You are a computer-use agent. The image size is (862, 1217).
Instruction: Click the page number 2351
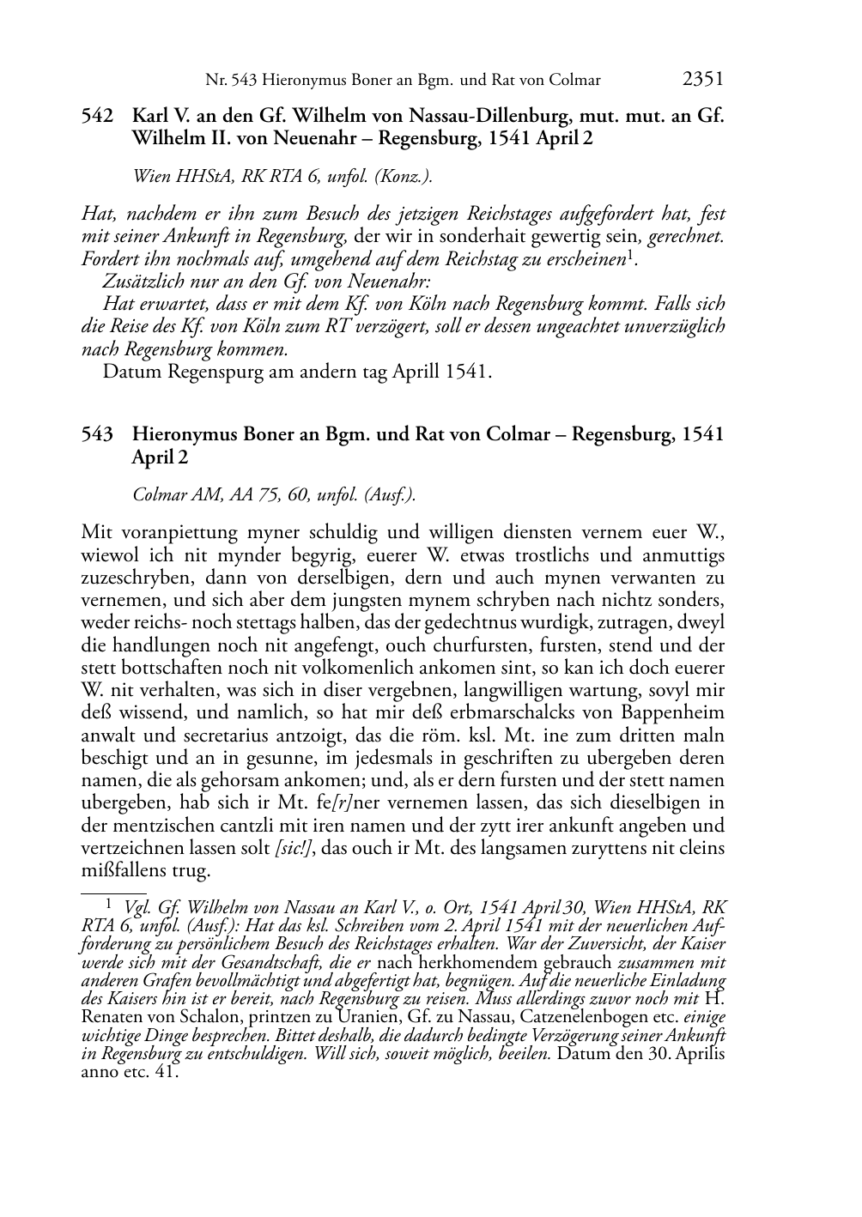[703, 80]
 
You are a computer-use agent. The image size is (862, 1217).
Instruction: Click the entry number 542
[98, 115]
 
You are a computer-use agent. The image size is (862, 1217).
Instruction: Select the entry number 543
[98, 434]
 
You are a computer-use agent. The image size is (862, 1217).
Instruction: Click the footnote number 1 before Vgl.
[109, 902]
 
